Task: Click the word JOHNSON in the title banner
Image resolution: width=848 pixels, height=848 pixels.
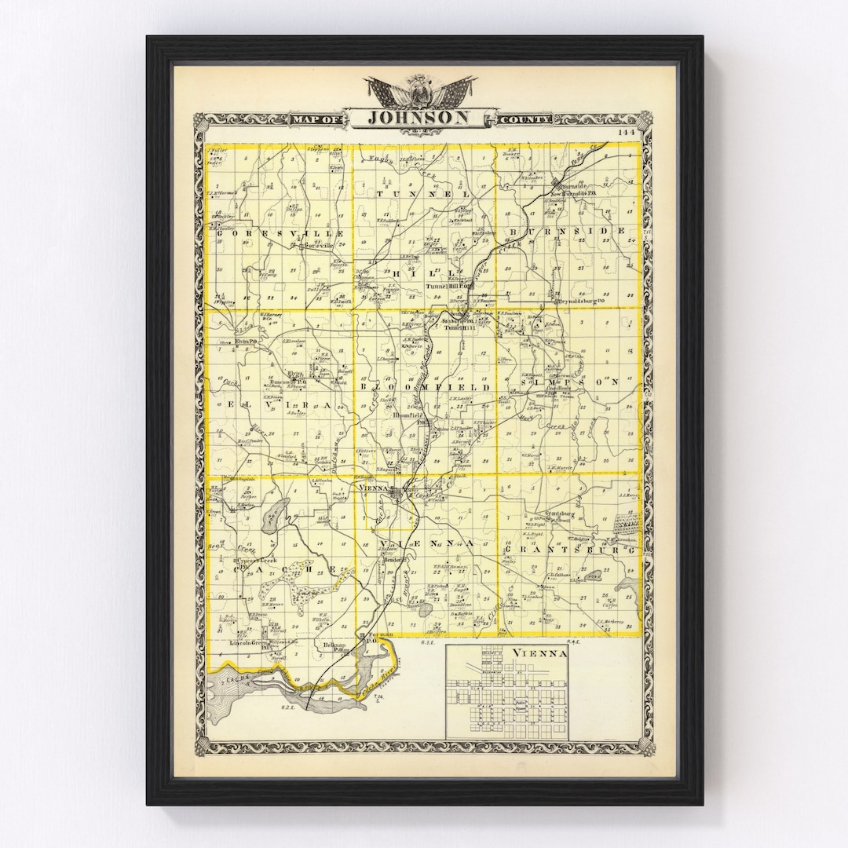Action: (x=420, y=117)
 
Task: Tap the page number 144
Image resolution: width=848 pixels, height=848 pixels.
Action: (x=626, y=132)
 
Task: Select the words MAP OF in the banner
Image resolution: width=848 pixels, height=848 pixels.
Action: (x=316, y=119)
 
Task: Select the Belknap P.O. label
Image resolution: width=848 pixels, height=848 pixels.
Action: (x=337, y=645)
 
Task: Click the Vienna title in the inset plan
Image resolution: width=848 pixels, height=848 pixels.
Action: (x=539, y=653)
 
